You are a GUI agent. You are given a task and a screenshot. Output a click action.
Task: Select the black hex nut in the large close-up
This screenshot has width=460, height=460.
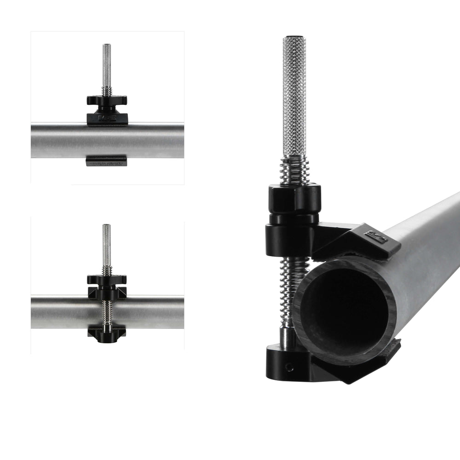coord(294,199)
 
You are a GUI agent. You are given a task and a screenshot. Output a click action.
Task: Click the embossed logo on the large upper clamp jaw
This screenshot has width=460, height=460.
coord(376,237)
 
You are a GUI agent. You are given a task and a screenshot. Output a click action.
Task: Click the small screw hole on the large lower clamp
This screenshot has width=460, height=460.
coord(288,367)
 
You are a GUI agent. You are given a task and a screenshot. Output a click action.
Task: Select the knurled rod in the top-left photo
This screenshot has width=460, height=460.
coord(107,64)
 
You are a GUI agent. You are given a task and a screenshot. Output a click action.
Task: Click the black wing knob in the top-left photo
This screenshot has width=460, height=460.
coord(107,100)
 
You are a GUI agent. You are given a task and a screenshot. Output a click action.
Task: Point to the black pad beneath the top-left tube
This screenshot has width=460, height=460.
coord(106,161)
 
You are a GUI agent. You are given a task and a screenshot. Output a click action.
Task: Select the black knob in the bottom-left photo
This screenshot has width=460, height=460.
coord(107,279)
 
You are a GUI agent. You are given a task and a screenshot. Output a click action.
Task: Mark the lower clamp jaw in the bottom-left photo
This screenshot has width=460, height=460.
coord(107,332)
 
